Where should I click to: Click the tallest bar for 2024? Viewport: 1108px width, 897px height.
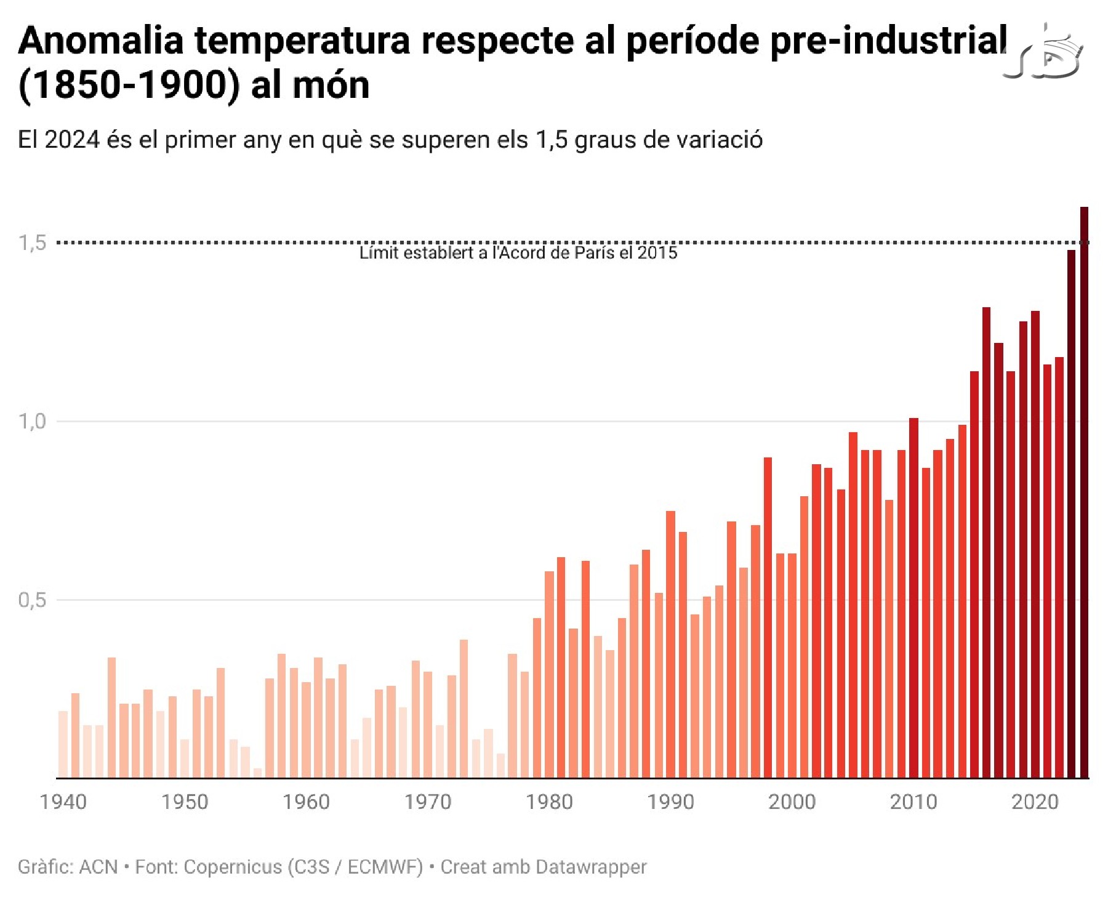pyautogui.click(x=1084, y=493)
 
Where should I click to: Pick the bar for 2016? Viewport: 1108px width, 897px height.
pyautogui.click(x=986, y=542)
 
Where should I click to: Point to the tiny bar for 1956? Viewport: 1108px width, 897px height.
pyautogui.click(x=257, y=773)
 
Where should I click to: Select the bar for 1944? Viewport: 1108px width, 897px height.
pyautogui.click(x=111, y=718)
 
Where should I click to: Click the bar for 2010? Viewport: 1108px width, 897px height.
pyautogui.click(x=913, y=598)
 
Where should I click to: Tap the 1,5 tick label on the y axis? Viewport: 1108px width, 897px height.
pyautogui.click(x=33, y=243)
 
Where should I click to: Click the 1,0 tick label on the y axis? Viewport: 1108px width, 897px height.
pyautogui.click(x=33, y=422)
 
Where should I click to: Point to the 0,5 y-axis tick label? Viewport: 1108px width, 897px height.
pyautogui.click(x=33, y=600)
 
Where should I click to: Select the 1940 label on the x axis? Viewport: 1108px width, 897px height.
pyautogui.click(x=63, y=802)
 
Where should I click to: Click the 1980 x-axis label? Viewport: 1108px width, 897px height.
pyautogui.click(x=549, y=802)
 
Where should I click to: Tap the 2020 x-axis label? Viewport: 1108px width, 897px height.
pyautogui.click(x=1035, y=802)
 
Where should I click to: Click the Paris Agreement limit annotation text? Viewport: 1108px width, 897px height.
pyautogui.click(x=518, y=253)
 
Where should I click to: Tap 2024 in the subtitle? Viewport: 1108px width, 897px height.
pyautogui.click(x=73, y=140)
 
